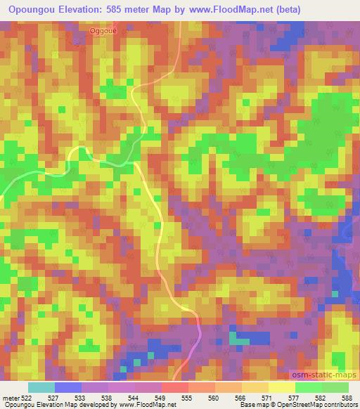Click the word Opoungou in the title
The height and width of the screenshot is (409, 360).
coord(32,10)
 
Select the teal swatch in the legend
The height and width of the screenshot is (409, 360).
coord(41,387)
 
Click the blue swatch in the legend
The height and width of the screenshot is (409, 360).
coord(68,387)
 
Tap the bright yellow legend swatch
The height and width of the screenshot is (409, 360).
coord(281,387)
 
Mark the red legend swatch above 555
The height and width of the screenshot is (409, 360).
coord(175,387)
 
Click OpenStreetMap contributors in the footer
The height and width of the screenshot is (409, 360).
coord(321,405)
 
